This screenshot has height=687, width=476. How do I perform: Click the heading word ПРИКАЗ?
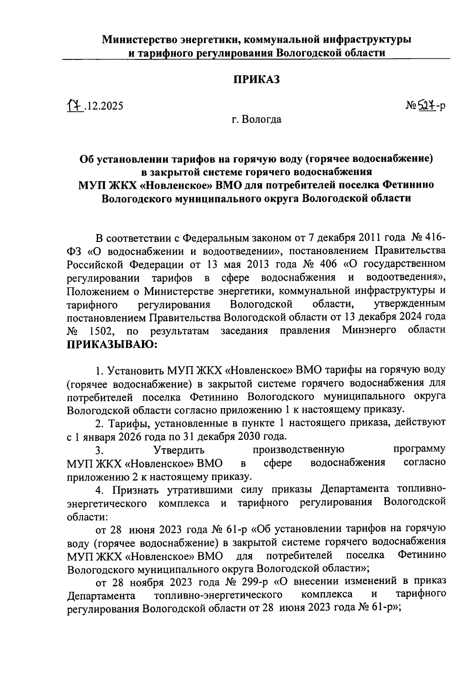point(256,79)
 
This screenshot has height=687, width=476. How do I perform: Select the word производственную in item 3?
point(299,450)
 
